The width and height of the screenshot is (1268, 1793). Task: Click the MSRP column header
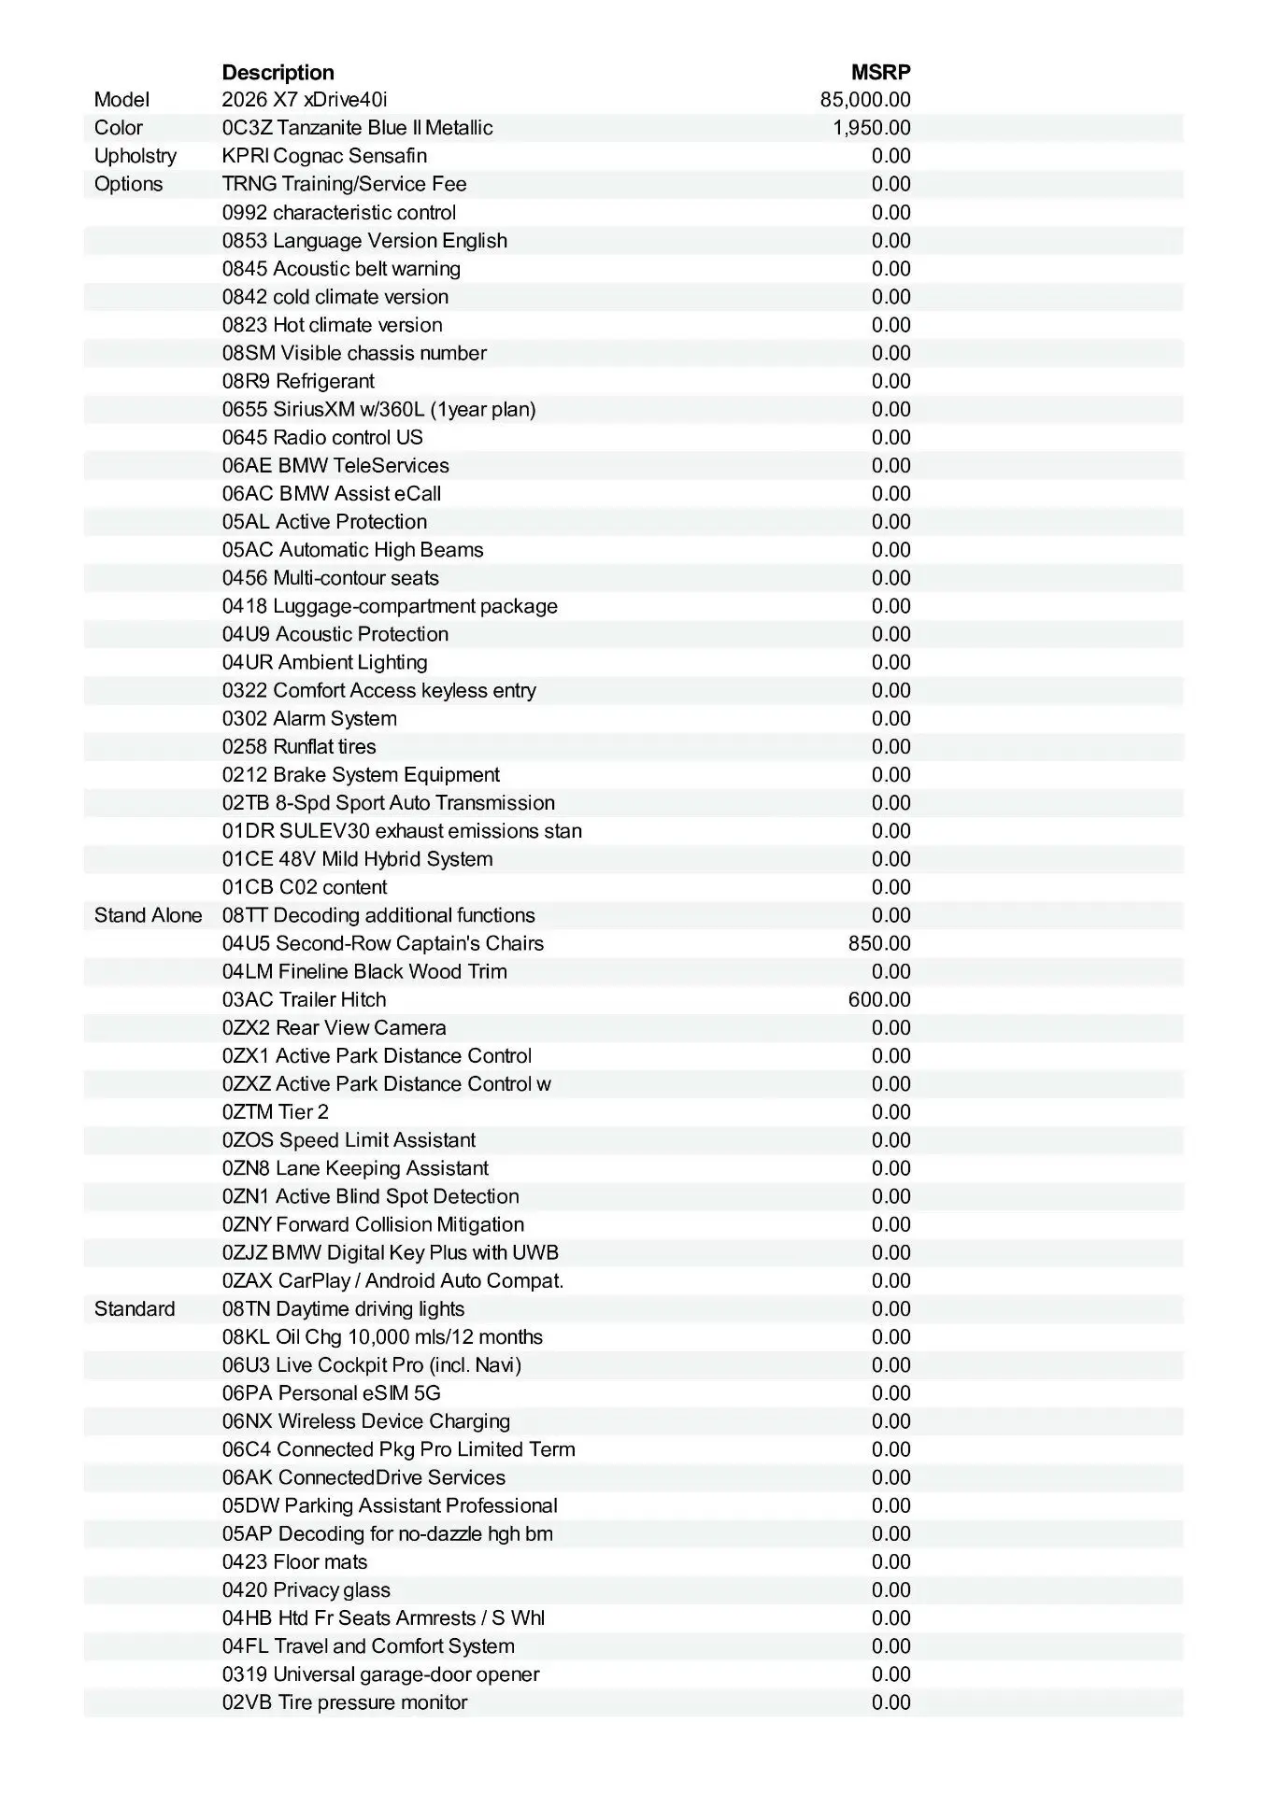[880, 72]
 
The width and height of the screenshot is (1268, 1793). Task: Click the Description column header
[278, 72]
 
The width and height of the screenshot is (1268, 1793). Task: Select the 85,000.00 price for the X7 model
[865, 100]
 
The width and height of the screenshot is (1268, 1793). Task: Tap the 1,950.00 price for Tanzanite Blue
[872, 128]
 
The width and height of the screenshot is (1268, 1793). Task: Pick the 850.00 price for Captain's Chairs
[879, 943]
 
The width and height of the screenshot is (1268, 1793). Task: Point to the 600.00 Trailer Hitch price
[879, 999]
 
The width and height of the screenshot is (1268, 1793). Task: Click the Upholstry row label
[135, 156]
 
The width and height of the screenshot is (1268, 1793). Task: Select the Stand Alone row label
[148, 915]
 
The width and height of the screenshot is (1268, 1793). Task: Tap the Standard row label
[134, 1308]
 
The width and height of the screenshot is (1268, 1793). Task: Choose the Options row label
[128, 184]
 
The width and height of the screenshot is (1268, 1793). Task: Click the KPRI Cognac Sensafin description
[324, 156]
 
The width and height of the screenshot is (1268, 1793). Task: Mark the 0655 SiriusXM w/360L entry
[378, 409]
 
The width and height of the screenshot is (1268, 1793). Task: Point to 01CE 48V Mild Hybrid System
[357, 859]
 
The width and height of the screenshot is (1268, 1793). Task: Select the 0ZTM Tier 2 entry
[275, 1112]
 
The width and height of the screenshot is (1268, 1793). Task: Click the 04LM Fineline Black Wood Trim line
[364, 971]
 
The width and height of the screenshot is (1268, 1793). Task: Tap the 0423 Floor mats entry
[294, 1561]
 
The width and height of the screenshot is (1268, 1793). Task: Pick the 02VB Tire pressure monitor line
[344, 1702]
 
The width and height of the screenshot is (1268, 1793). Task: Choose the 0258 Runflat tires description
[299, 747]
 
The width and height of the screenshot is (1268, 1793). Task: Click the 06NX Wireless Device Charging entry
[365, 1421]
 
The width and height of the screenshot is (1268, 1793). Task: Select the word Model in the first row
[121, 100]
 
